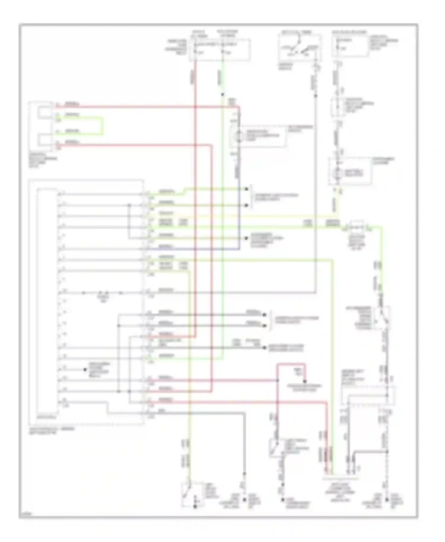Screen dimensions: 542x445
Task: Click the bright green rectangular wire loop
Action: pos(103,126)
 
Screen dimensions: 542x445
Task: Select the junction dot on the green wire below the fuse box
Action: pos(222,95)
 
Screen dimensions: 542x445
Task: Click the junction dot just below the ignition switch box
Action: pos(316,95)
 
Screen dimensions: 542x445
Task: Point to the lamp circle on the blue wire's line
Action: pos(237,136)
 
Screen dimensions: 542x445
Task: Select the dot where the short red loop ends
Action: pos(305,381)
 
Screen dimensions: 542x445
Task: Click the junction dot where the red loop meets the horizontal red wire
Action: pos(278,380)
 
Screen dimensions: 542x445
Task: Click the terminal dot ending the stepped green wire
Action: pos(246,189)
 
